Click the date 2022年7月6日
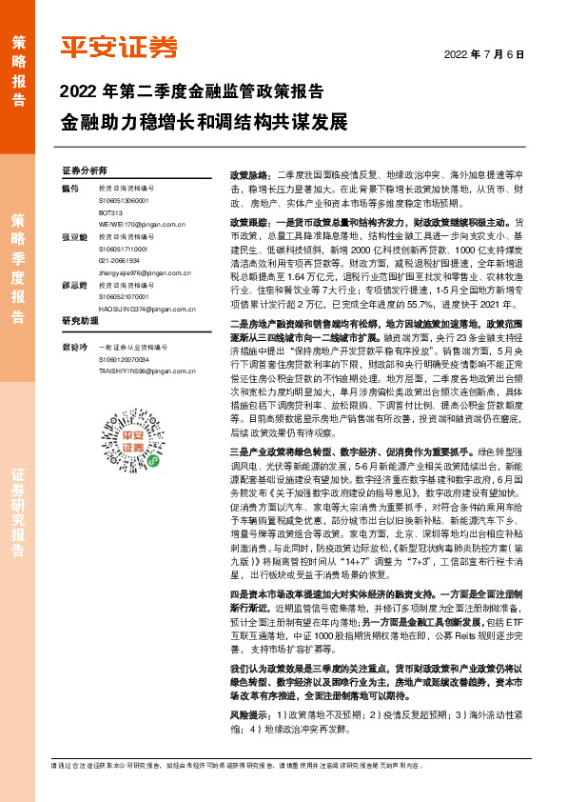coord(484,54)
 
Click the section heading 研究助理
coord(81,346)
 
